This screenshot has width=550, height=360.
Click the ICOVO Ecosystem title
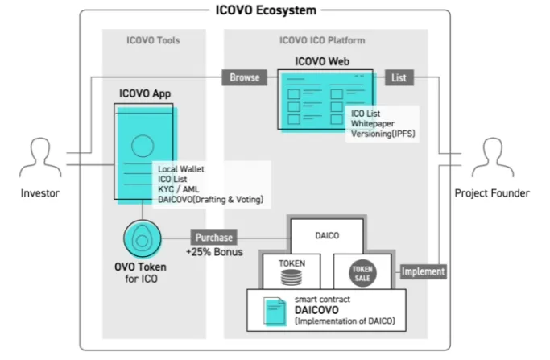266,10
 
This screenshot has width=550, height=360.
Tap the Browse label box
245,77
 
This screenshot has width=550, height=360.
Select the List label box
399,77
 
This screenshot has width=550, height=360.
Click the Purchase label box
214,238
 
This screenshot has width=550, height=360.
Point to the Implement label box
423,271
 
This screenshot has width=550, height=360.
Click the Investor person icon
40,157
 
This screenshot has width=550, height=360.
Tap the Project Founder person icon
493,157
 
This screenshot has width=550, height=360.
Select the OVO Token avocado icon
142,238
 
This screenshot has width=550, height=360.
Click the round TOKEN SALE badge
362,273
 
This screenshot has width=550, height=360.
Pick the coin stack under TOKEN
292,278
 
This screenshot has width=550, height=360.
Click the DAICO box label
327,235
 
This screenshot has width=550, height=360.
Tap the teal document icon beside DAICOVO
275,312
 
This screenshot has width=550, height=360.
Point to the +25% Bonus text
214,252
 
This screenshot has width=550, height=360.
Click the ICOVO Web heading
322,61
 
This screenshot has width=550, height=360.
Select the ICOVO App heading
145,93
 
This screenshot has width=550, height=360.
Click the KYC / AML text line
179,189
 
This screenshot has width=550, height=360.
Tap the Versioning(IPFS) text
383,134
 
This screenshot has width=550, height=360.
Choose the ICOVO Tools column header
153,40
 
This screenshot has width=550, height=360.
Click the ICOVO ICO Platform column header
322,40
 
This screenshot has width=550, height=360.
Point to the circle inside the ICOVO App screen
143,146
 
